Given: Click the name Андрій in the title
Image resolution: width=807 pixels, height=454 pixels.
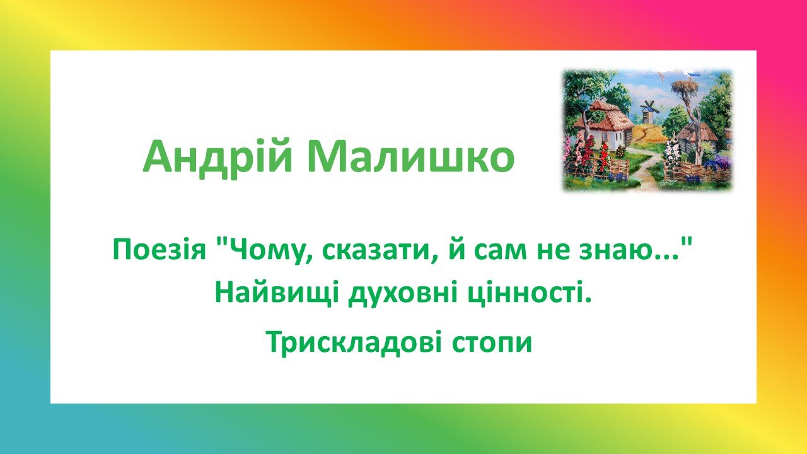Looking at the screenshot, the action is [x=218, y=158].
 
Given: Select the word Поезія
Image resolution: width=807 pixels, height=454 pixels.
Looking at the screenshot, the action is [x=159, y=250].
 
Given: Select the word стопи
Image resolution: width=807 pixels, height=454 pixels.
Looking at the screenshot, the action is [x=492, y=345].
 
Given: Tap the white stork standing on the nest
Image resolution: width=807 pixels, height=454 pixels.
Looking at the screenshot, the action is [x=692, y=74].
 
